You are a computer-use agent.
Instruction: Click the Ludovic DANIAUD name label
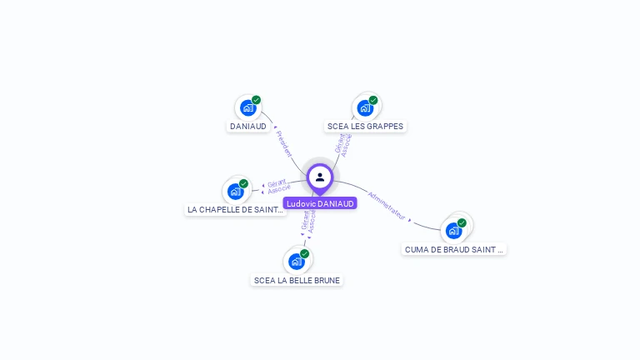point(320,203)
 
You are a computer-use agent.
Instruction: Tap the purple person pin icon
point(320,177)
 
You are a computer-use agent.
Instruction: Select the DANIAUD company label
point(248,127)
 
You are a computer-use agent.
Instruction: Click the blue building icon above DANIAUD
point(247,107)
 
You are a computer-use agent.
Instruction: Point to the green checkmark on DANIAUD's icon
point(256,100)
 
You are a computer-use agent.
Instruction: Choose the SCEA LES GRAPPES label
point(365,127)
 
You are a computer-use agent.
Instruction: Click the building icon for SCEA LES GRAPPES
point(365,107)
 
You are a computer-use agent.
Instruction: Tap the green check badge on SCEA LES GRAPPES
point(373,100)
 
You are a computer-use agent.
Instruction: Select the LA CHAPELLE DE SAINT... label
point(235,210)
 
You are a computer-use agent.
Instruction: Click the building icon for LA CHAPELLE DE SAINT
point(235,191)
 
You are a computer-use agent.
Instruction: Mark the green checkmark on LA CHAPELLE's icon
point(243,183)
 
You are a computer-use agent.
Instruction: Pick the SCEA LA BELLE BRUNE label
point(297,281)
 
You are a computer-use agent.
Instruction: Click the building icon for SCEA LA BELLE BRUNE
point(296,262)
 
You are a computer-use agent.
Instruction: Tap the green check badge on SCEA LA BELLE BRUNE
point(304,253)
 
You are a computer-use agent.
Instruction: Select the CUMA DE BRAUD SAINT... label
point(454,249)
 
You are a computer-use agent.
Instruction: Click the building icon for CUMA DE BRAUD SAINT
point(453,230)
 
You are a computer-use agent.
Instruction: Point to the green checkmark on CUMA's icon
point(462,222)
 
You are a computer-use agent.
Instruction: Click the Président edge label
point(283,142)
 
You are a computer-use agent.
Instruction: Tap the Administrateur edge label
point(387,206)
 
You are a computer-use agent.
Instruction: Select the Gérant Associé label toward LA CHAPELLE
point(277,185)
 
